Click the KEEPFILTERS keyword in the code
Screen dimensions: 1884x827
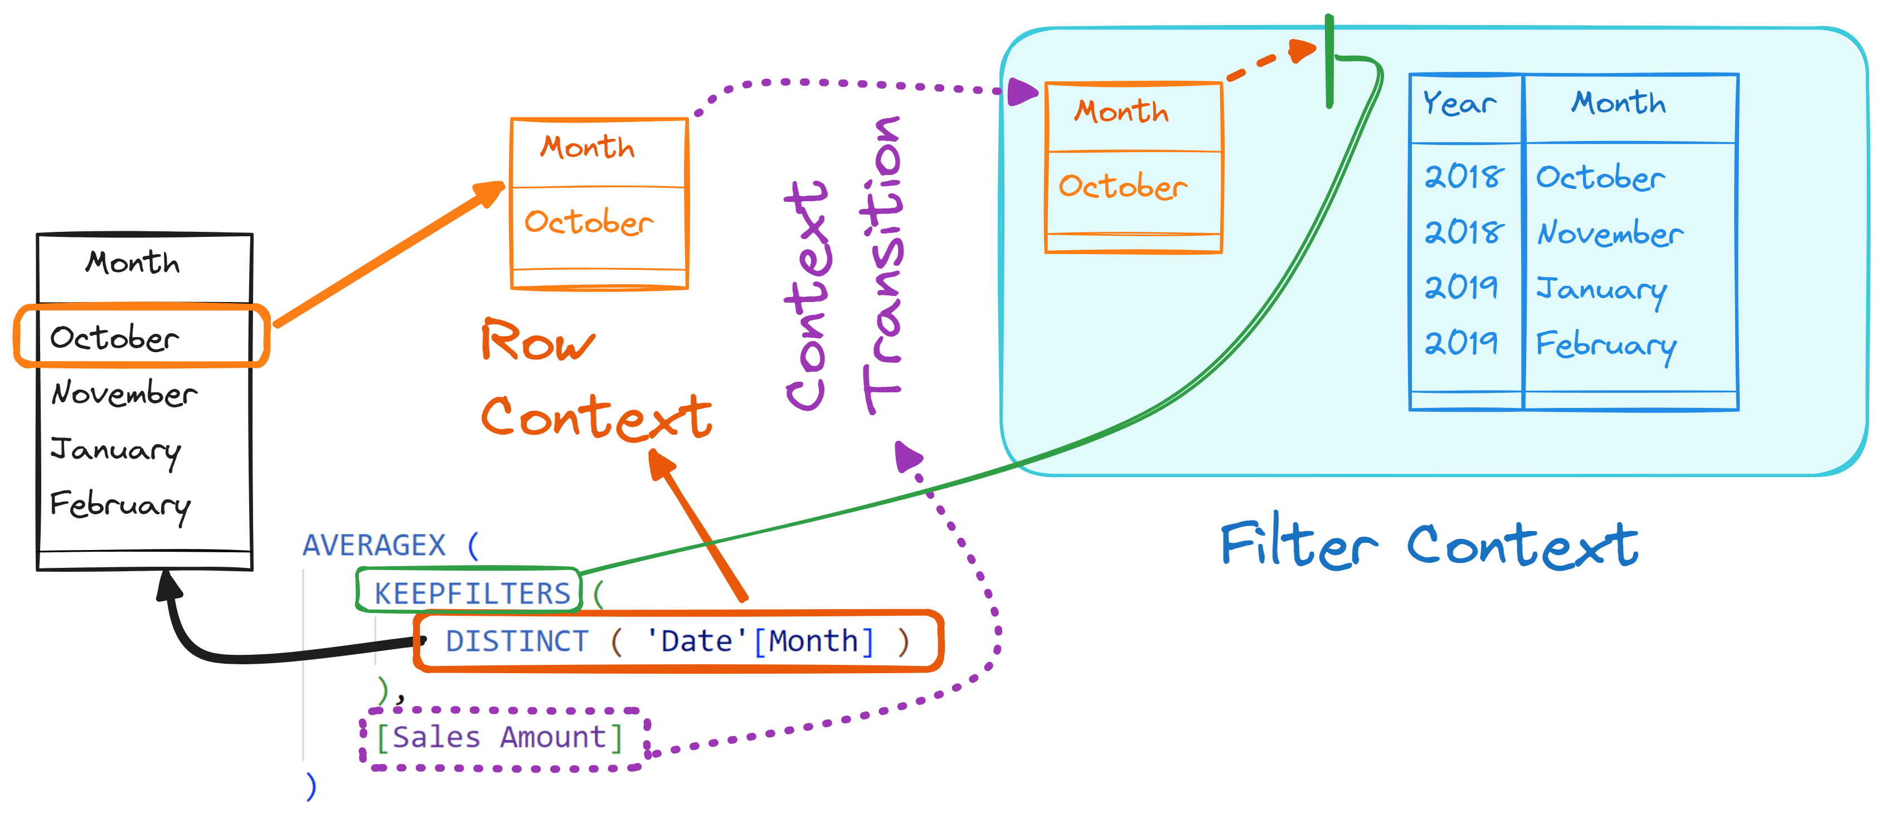(x=472, y=593)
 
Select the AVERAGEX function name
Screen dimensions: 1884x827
(x=373, y=545)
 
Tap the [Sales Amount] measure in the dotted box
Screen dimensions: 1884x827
(x=499, y=737)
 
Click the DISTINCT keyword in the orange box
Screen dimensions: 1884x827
(x=517, y=641)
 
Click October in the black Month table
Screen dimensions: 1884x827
(x=114, y=337)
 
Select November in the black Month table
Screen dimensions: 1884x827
(x=124, y=393)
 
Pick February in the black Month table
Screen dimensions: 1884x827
(x=120, y=506)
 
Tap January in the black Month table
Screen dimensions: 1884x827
(x=115, y=451)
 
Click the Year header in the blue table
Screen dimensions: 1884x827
(x=1460, y=103)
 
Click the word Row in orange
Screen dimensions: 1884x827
(x=537, y=340)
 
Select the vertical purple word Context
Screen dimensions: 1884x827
(x=806, y=295)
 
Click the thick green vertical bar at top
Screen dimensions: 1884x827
(x=1329, y=61)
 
